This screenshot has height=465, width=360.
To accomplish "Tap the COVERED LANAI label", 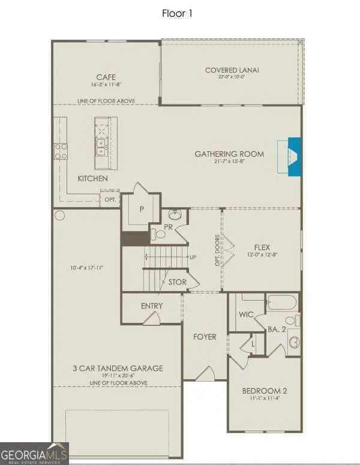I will (232, 70).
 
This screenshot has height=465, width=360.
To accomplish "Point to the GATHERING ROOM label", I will (229, 154).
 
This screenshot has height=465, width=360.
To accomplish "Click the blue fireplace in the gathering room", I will (295, 157).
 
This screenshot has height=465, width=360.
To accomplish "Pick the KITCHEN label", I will (92, 179).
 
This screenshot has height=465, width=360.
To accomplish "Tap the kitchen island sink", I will (101, 146).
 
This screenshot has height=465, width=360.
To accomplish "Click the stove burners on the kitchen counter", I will (61, 152).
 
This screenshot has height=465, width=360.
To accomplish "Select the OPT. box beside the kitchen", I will (110, 199).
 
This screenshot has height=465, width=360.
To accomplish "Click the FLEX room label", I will (262, 246).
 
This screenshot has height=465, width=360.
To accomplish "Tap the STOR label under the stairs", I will (177, 282).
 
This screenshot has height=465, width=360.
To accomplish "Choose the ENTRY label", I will (152, 306).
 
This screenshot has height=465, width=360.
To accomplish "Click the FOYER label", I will (205, 337).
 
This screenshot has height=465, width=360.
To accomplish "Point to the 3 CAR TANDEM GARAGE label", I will (117, 368).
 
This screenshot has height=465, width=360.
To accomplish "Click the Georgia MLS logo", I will (34, 453).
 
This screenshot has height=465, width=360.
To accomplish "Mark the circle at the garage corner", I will (59, 215).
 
